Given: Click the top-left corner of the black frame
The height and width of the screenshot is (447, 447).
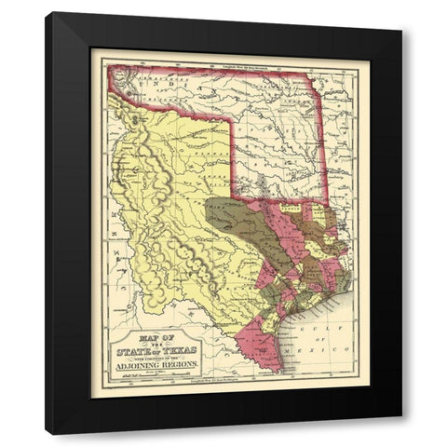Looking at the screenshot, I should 47,13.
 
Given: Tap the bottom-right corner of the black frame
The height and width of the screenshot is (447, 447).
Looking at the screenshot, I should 401,433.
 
